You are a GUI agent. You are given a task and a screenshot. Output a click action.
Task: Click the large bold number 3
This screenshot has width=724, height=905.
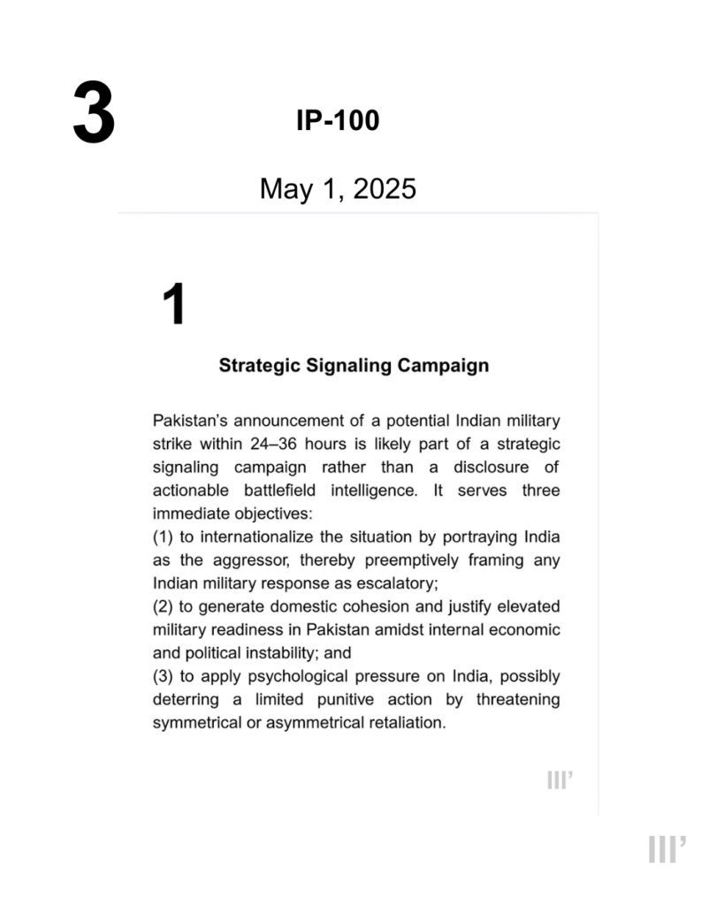tap(94, 112)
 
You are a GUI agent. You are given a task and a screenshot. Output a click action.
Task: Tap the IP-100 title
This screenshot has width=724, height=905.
tap(338, 121)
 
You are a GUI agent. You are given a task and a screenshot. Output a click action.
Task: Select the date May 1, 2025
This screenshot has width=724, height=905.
tap(338, 188)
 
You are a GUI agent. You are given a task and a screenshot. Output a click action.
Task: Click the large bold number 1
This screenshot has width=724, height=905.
tap(174, 306)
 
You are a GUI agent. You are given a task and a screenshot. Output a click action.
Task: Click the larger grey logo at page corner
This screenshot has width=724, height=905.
tap(667, 849)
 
